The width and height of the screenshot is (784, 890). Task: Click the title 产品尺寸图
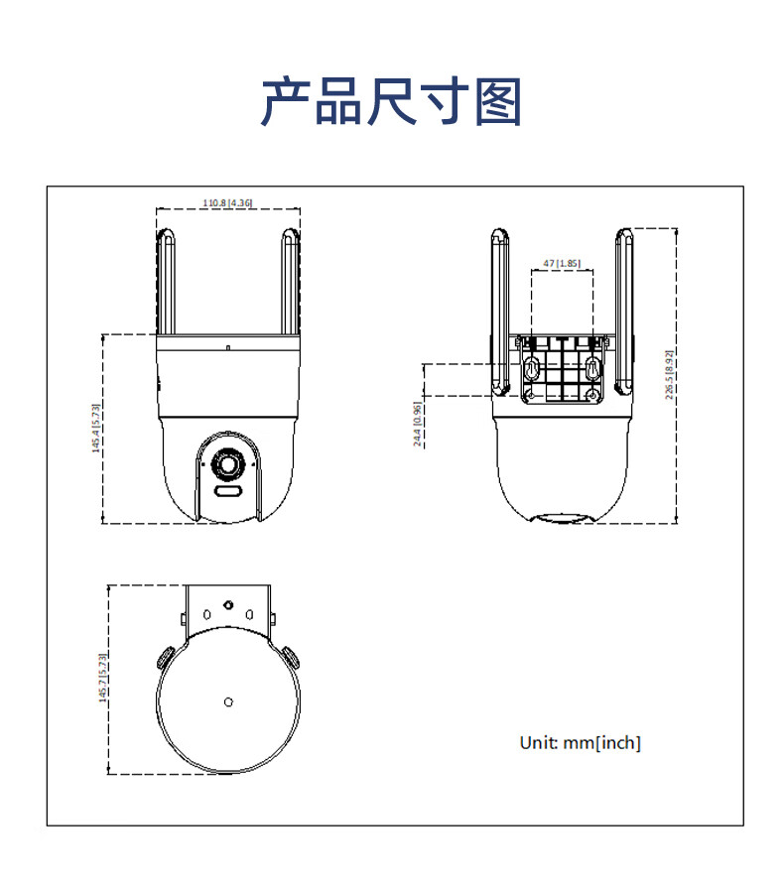pos(391,102)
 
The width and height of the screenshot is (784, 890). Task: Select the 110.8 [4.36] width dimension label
pos(227,202)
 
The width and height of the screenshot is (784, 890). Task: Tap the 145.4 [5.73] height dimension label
pos(96,428)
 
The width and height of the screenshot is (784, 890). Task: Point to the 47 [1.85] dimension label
pos(561,263)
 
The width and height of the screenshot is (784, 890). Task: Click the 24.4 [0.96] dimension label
pos(417,425)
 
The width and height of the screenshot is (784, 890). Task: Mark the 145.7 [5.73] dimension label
pos(101,678)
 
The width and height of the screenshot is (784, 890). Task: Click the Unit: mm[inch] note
pos(581,742)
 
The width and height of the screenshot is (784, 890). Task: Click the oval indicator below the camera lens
pos(228,491)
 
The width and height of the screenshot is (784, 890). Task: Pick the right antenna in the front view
pos(289,282)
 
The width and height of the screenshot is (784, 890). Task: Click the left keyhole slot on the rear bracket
pos(531,369)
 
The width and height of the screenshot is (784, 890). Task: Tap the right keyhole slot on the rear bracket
pos(592,369)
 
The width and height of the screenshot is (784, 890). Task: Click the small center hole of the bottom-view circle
pos(228,702)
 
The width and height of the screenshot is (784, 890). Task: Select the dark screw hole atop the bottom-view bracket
pos(228,603)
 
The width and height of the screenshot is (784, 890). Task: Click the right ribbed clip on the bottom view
pos(291,657)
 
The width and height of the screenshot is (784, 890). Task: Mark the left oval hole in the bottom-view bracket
pos(206,614)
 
